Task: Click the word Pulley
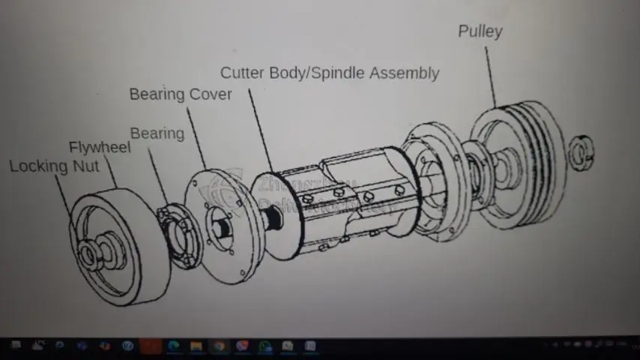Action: coord(480,31)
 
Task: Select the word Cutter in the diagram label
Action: coord(242,73)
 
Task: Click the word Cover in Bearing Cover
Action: coord(211,94)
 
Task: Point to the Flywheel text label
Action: coord(99,147)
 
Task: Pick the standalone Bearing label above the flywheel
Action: coord(157,133)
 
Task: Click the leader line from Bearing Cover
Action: coord(195,135)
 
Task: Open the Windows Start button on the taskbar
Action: coord(15,346)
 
